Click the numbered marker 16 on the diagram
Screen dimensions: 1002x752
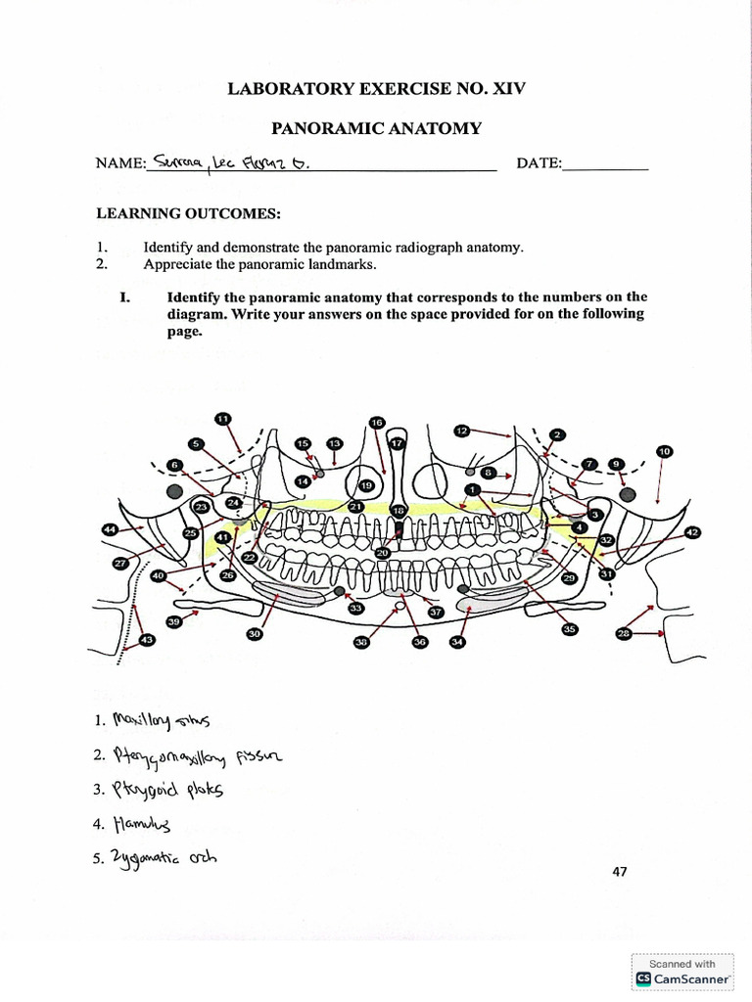(377, 422)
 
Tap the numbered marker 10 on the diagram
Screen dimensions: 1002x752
(665, 451)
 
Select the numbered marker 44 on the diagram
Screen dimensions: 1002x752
(111, 528)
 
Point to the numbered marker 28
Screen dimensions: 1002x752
(623, 634)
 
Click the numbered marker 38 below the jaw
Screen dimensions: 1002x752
(361, 642)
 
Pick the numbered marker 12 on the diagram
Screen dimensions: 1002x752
(462, 430)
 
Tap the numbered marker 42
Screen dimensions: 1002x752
(692, 531)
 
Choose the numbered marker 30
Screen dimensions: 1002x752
(255, 634)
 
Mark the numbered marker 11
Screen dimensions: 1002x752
(222, 419)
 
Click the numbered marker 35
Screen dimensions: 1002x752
(569, 628)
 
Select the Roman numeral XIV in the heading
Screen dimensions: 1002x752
(507, 88)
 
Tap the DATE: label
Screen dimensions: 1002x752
(540, 163)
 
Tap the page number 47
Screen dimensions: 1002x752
(619, 873)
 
